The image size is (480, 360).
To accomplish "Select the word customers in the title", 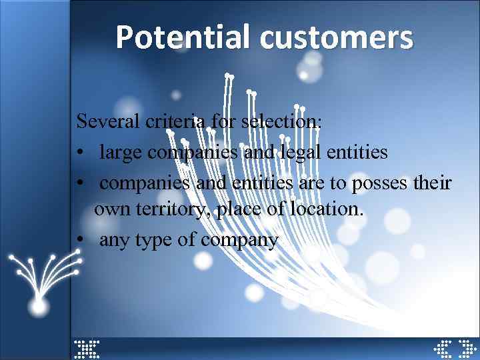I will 336,37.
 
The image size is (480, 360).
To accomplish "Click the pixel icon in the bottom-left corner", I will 86,349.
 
